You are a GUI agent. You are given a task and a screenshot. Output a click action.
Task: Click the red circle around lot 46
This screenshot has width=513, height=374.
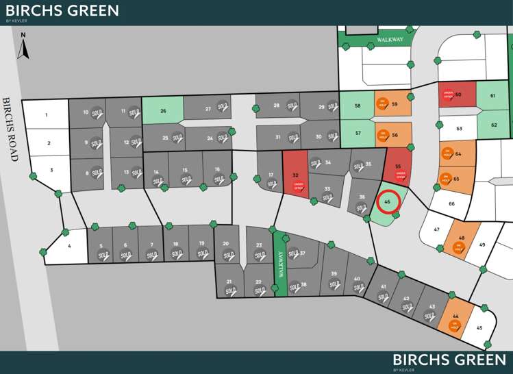click(x=388, y=202)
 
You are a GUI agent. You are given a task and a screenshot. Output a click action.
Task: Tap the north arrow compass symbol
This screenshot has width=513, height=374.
click(x=23, y=46)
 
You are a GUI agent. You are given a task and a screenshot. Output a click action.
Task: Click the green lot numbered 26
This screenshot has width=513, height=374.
click(x=163, y=110)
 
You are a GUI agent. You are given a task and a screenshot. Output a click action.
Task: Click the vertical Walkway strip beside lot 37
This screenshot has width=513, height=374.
click(x=280, y=264)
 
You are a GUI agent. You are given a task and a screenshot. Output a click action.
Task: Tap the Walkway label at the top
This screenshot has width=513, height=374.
click(x=391, y=40)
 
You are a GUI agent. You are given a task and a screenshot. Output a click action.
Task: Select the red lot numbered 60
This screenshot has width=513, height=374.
click(x=457, y=95)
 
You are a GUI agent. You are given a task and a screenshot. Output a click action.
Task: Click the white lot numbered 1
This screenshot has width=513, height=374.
click(x=47, y=114)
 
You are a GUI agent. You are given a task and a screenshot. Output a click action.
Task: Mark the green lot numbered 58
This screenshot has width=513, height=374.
click(x=357, y=105)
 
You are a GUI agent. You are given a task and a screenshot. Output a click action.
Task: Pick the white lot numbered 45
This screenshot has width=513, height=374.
click(x=480, y=328)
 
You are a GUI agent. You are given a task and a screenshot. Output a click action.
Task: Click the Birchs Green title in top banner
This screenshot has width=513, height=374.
click(x=62, y=11)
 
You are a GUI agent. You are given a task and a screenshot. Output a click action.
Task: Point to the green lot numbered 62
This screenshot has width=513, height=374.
click(x=494, y=124)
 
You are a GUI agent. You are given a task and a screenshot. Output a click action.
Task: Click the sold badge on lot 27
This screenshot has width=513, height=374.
click(x=222, y=106)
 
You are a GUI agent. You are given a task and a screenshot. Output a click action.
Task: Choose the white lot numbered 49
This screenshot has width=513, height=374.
click(x=482, y=245)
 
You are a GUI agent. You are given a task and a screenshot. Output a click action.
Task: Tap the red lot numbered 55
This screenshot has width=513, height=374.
click(x=397, y=167)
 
